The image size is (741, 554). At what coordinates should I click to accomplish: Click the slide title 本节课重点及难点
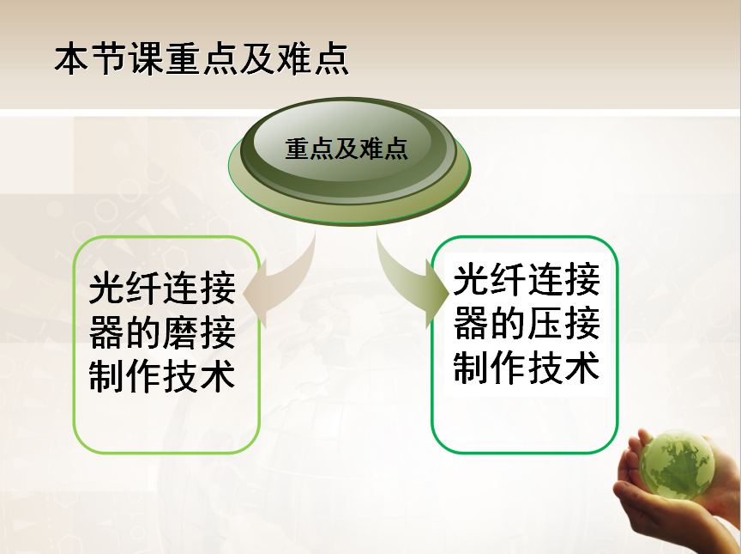click(202, 59)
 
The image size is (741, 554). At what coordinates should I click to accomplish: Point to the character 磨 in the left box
click(180, 332)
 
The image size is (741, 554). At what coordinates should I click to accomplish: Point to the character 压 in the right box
click(545, 324)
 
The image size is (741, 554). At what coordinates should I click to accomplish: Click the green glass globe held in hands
click(677, 466)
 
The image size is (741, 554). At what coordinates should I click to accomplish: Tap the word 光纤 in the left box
click(124, 289)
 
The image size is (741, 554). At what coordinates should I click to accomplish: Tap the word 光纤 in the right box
click(490, 280)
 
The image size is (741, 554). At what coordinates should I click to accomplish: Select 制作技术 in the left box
click(162, 376)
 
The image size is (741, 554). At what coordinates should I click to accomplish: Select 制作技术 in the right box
click(527, 367)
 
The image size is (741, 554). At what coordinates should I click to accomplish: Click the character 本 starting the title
click(72, 60)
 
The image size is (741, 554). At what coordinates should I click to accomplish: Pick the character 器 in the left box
click(107, 332)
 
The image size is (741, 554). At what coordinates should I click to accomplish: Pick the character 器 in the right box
click(471, 324)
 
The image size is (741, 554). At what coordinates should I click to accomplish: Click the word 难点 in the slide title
click(313, 59)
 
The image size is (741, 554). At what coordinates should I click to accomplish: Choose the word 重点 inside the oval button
click(309, 149)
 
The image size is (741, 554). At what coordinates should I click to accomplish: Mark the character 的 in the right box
click(508, 324)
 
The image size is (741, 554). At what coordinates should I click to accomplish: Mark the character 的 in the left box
click(144, 332)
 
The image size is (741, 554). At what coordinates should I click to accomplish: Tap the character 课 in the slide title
click(146, 60)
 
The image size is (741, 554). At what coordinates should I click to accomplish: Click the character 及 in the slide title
click(257, 60)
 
